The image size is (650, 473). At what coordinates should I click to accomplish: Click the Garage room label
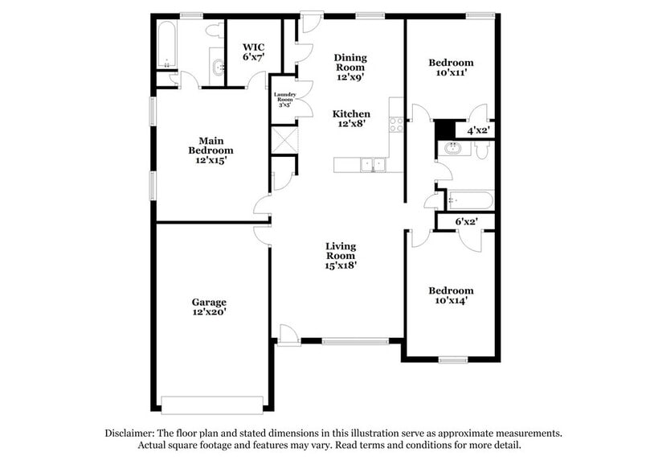[208, 306]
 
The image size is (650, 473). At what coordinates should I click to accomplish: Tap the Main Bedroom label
[211, 150]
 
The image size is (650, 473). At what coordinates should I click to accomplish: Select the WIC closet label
[253, 52]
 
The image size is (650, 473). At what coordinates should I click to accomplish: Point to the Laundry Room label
[284, 99]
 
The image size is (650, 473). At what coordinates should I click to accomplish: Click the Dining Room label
[350, 67]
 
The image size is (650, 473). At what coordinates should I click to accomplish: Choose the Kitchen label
[351, 118]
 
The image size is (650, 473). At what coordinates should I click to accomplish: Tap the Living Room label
[341, 255]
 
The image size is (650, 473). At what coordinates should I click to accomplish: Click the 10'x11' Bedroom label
[450, 67]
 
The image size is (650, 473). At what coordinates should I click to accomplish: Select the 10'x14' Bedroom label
[450, 295]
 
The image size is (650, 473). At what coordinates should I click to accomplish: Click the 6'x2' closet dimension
[467, 221]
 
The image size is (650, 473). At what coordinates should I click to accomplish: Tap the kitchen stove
[395, 124]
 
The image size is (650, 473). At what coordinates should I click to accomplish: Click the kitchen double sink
[372, 164]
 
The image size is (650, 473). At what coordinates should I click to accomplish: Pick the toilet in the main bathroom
[213, 31]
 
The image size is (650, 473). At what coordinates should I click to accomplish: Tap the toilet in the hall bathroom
[482, 150]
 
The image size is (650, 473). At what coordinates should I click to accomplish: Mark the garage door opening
[212, 404]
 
